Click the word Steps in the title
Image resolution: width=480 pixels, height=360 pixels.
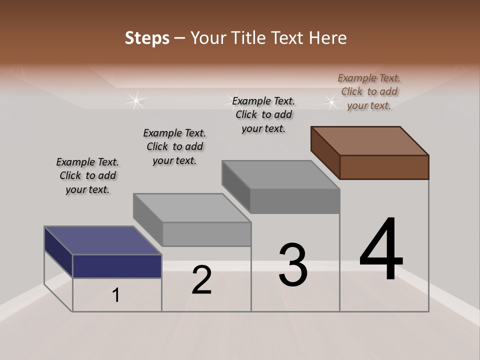tap(147, 38)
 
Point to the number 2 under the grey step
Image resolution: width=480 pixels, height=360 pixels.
tap(202, 280)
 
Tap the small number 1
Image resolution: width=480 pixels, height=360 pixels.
tap(116, 295)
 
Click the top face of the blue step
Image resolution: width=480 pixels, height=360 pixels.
tap(102, 240)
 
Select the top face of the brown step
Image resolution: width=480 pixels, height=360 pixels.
tap(370, 140)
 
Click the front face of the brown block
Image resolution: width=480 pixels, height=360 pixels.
tap(384, 167)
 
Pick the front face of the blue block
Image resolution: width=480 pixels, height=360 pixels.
tap(117, 266)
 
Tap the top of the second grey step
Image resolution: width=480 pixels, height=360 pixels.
tap(192, 207)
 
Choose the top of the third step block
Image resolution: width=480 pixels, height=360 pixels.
tap(281, 175)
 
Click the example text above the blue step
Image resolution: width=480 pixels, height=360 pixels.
tap(87, 175)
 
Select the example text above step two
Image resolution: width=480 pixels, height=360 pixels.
tap(174, 146)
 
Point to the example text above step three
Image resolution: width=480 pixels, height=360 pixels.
tap(263, 114)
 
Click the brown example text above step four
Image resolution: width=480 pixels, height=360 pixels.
tap(369, 91)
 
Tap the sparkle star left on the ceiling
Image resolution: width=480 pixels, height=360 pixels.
tap(135, 100)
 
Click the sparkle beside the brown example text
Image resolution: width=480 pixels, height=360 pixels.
tap(330, 102)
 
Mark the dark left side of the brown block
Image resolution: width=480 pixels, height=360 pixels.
tap(325, 152)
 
